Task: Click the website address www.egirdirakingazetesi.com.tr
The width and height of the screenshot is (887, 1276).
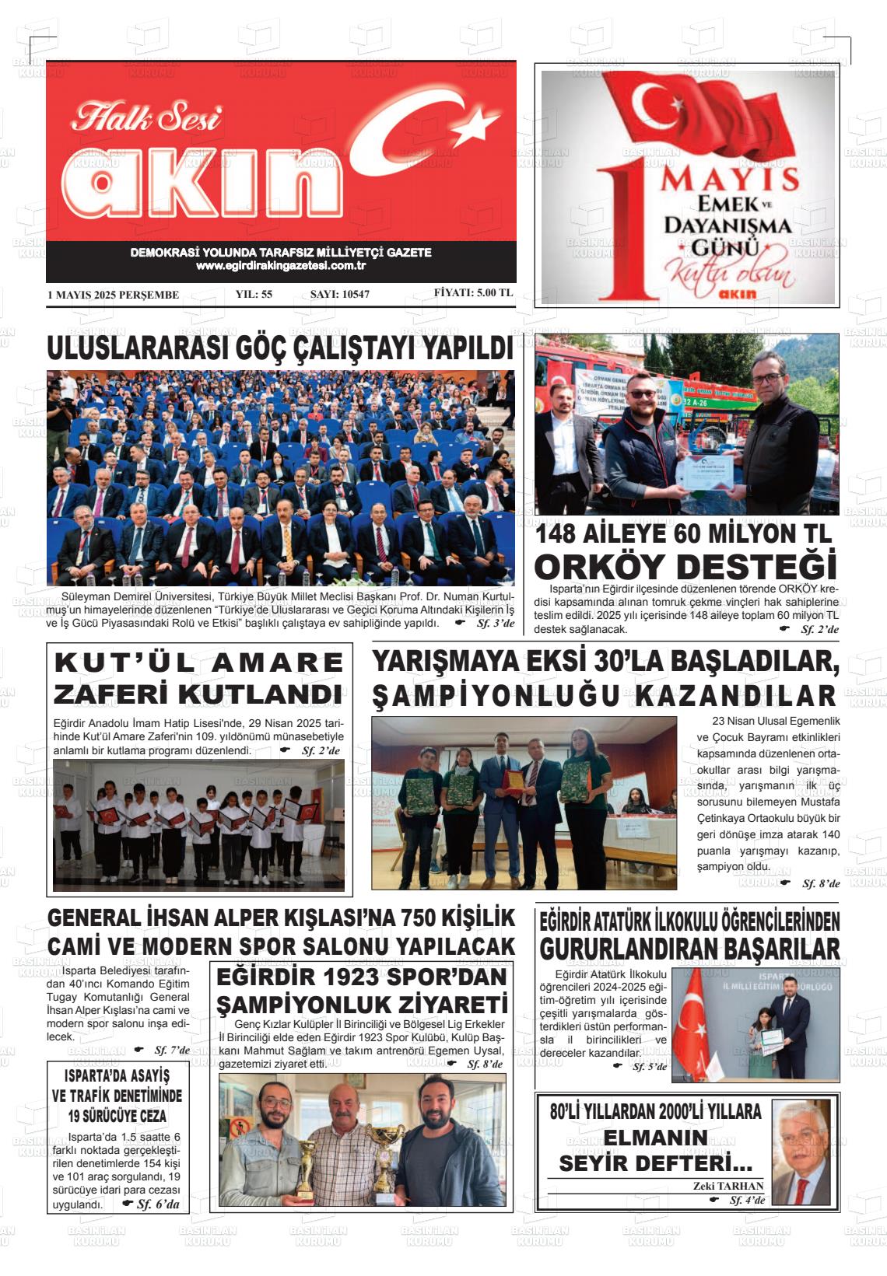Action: [281, 266]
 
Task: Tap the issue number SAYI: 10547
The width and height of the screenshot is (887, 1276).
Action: [339, 295]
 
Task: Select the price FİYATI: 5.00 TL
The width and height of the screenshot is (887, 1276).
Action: [473, 293]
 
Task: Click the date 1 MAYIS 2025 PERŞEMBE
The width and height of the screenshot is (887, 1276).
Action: [114, 295]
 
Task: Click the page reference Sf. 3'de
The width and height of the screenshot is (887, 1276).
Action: [496, 624]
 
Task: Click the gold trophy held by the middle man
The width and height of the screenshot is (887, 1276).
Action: [383, 1155]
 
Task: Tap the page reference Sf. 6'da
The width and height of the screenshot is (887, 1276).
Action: [157, 1204]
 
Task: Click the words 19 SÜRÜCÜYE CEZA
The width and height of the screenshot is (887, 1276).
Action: [117, 1116]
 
